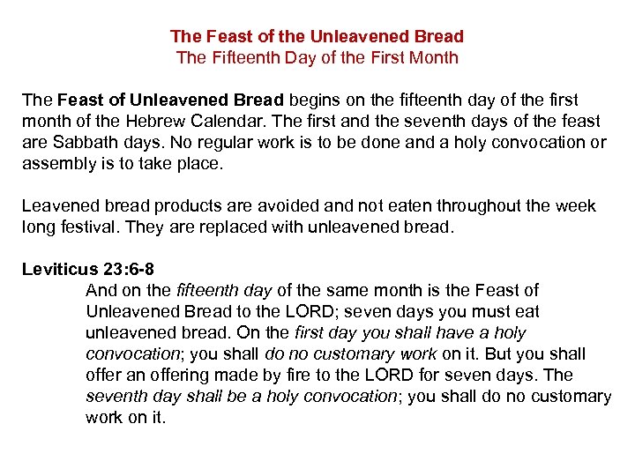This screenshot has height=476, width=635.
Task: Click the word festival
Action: click(x=89, y=227)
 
